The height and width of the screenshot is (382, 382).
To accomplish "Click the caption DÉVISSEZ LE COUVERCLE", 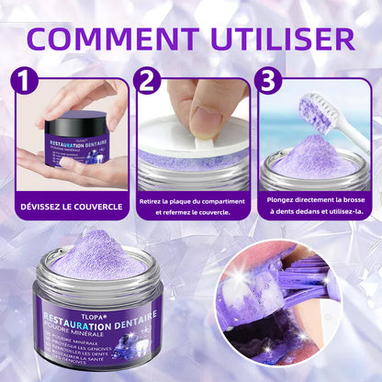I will click(71, 207).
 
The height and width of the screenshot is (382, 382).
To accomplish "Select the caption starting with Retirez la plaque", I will click(192, 207).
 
